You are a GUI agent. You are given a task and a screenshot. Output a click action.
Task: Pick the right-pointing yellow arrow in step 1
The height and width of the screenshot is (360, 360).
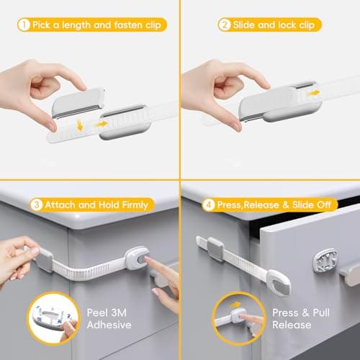pyautogui.click(x=102, y=124)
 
